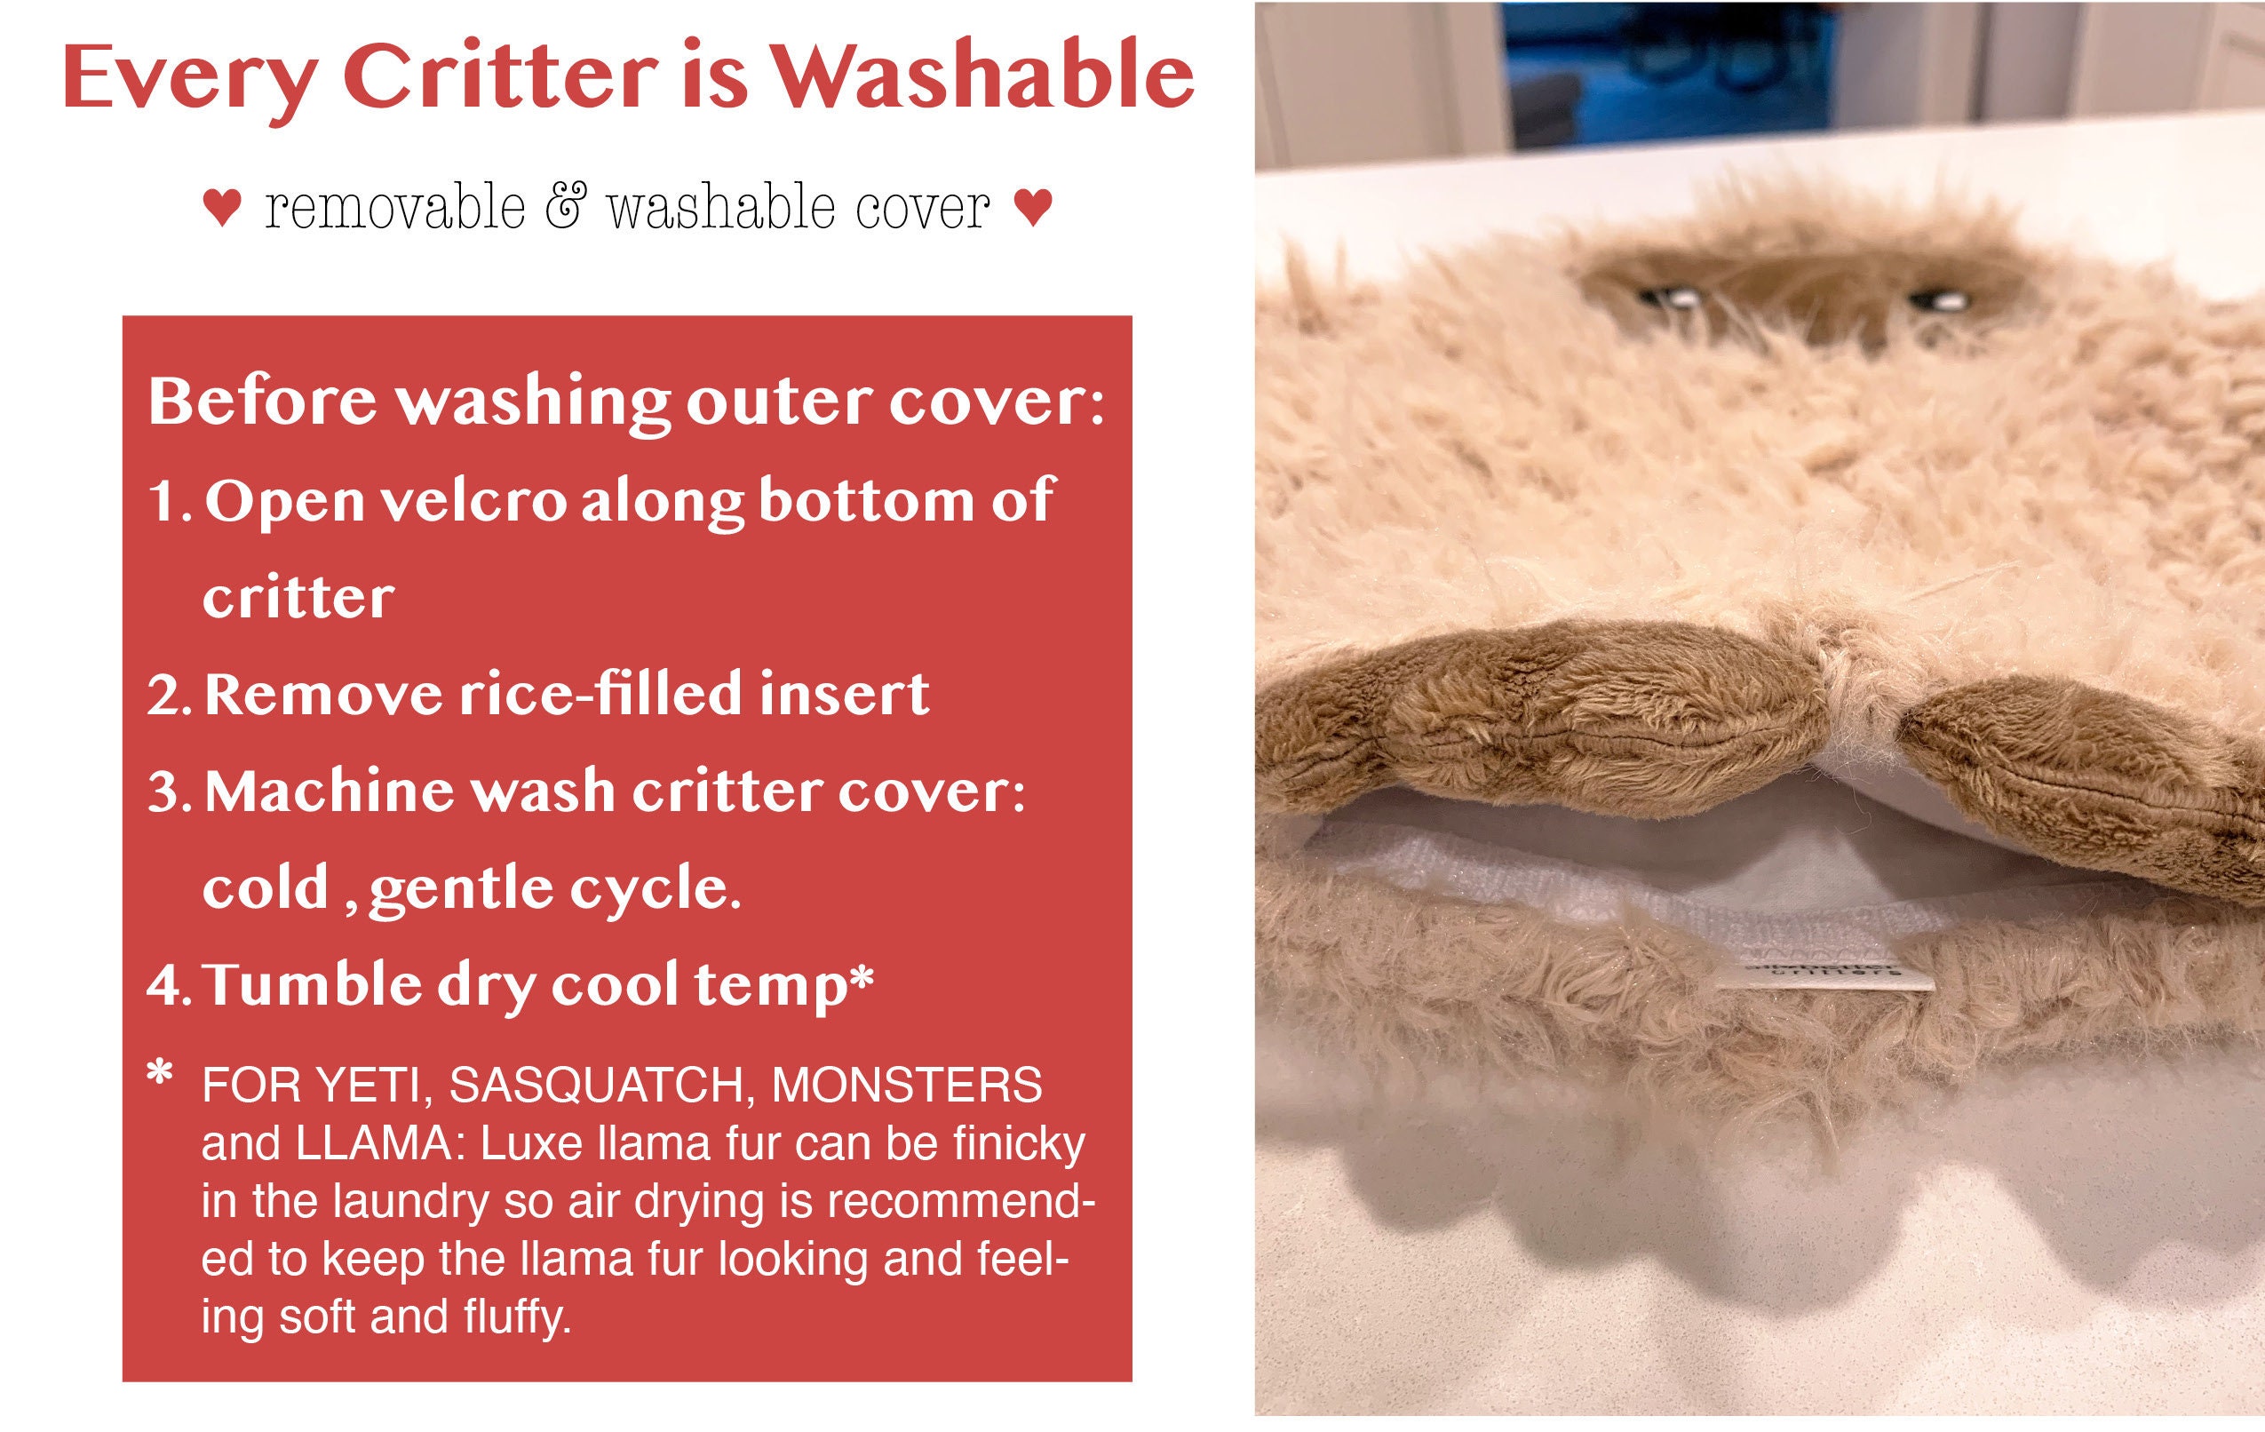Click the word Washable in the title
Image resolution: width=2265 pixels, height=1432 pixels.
click(x=983, y=76)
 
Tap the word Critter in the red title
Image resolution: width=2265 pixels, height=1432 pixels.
click(x=499, y=76)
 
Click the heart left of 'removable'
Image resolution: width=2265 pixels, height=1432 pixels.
click(x=222, y=208)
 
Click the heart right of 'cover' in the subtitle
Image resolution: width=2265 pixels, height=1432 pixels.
click(x=1034, y=208)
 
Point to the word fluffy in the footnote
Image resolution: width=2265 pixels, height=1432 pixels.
click(x=517, y=1317)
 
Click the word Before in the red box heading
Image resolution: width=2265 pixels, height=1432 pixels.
click(x=262, y=402)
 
